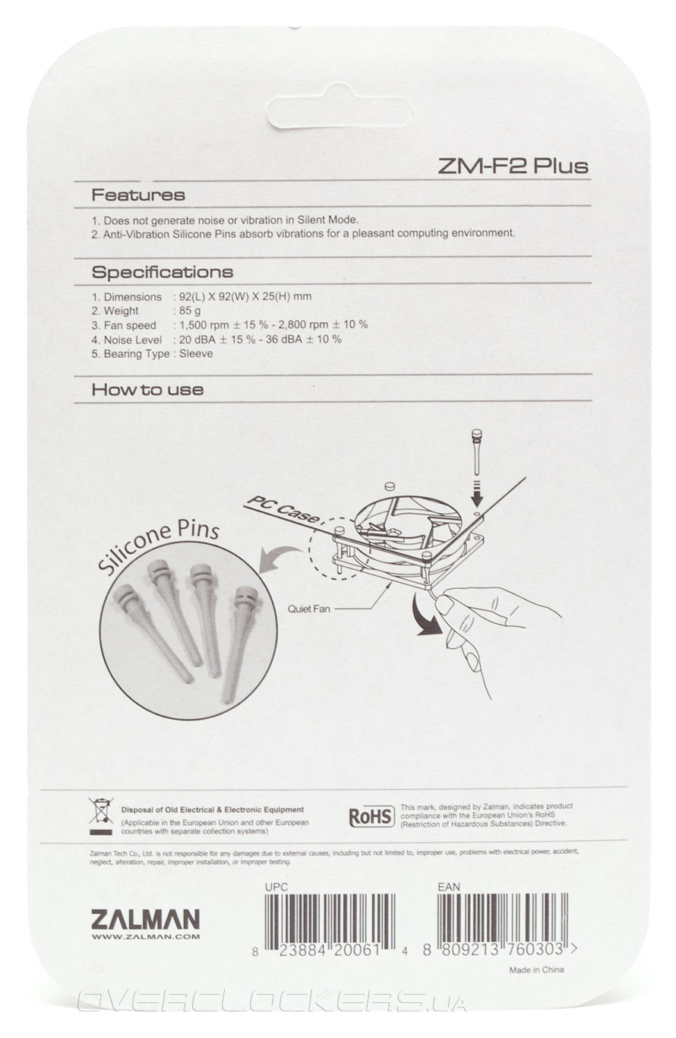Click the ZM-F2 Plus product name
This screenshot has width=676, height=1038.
coord(513,166)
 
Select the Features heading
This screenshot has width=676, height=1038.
coord(137,195)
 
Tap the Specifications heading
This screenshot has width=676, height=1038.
coord(162,272)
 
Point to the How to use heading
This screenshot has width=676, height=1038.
coord(147,390)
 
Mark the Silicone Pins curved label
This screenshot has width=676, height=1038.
coord(157,546)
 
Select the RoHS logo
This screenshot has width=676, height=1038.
coord(371,816)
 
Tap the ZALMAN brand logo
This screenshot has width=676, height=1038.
coord(146,919)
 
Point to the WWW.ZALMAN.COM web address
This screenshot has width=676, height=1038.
coord(146,937)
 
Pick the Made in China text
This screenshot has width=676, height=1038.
coord(536,970)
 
